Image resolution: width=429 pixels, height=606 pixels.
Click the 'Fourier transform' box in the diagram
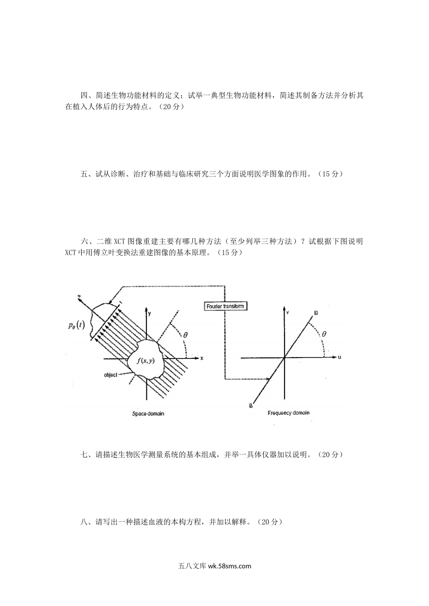pyautogui.click(x=225, y=306)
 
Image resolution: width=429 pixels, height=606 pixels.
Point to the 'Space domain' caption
pyautogui.click(x=148, y=413)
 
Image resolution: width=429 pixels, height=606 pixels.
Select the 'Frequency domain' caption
pyautogui.click(x=288, y=413)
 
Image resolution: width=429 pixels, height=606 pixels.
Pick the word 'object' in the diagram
pyautogui.click(x=111, y=375)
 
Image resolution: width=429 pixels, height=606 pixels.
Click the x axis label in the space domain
pyautogui.click(x=202, y=358)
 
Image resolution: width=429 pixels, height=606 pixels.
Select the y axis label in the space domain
pyautogui.click(x=149, y=312)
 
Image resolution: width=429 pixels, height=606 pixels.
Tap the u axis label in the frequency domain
pyautogui.click(x=339, y=358)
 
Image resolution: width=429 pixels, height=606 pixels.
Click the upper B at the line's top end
pyautogui.click(x=316, y=312)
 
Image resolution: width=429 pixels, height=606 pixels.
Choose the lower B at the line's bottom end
pyautogui.click(x=251, y=406)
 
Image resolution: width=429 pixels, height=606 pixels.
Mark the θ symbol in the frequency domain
pyautogui.click(x=324, y=335)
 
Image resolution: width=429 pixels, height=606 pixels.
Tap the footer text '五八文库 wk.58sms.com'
pyautogui.click(x=214, y=566)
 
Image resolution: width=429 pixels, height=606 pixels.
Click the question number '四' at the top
pyautogui.click(x=84, y=96)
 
